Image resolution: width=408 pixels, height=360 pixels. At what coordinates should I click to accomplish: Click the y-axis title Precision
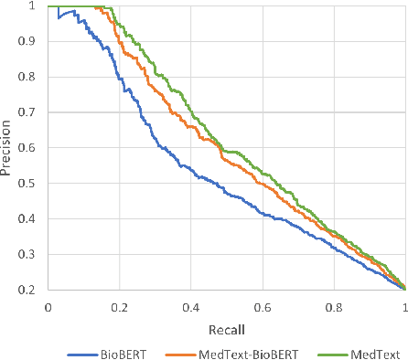[8, 148]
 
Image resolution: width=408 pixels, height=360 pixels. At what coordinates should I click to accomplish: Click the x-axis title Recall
[226, 326]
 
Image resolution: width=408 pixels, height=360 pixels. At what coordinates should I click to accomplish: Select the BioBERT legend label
[129, 350]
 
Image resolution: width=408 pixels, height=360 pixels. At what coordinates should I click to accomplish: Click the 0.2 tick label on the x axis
[119, 308]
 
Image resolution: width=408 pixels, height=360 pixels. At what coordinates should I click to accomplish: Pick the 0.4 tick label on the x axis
[190, 308]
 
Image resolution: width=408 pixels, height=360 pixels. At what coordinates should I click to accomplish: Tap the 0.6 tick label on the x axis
[263, 308]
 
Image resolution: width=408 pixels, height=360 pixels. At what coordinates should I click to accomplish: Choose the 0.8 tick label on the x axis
[334, 308]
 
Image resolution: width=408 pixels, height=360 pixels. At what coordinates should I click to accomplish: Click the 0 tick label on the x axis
[48, 308]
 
